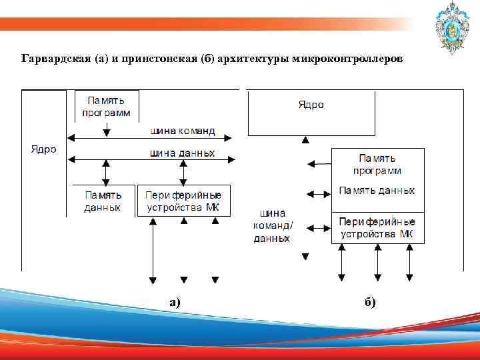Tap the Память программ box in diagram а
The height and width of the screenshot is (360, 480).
pyautogui.click(x=107, y=106)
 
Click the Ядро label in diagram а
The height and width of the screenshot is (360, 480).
pyautogui.click(x=43, y=149)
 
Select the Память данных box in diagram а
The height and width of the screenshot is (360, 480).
pyautogui.click(x=103, y=201)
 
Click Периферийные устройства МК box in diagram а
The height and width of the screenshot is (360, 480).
pyautogui.click(x=183, y=201)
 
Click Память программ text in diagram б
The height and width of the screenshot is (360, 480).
pyautogui.click(x=377, y=164)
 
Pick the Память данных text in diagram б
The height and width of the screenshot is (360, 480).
pyautogui.click(x=377, y=191)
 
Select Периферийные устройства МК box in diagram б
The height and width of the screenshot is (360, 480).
pyautogui.click(x=377, y=227)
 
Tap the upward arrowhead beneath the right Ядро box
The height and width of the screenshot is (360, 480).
pyautogui.click(x=305, y=140)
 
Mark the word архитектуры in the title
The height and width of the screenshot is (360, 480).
pyautogui.click(x=251, y=60)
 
